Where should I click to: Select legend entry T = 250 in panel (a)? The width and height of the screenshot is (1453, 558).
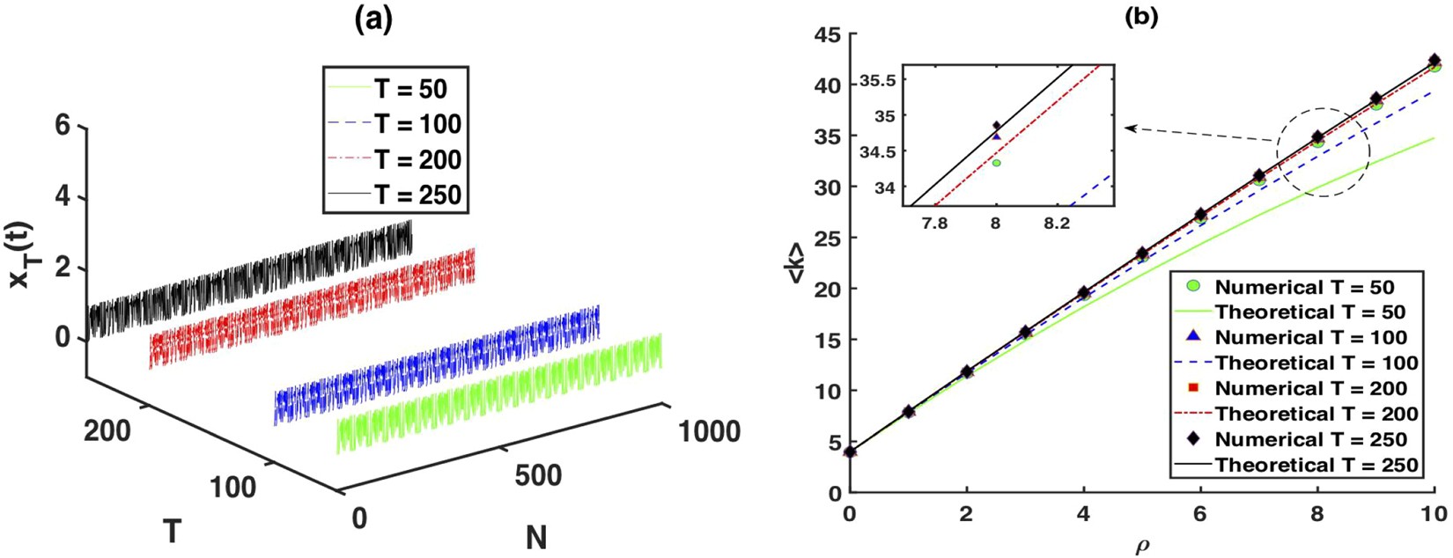tap(417, 194)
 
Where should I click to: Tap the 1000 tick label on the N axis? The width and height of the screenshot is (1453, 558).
tap(709, 432)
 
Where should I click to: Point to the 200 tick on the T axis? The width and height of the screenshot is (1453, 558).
tap(108, 431)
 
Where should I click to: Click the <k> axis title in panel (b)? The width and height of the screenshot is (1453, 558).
tap(795, 263)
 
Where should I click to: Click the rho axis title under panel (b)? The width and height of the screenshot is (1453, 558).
tap(1142, 547)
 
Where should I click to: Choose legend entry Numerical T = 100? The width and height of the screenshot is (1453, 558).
tap(1310, 338)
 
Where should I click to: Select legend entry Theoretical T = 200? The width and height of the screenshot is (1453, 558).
tap(1316, 414)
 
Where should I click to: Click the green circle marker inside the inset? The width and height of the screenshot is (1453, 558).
tap(996, 163)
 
